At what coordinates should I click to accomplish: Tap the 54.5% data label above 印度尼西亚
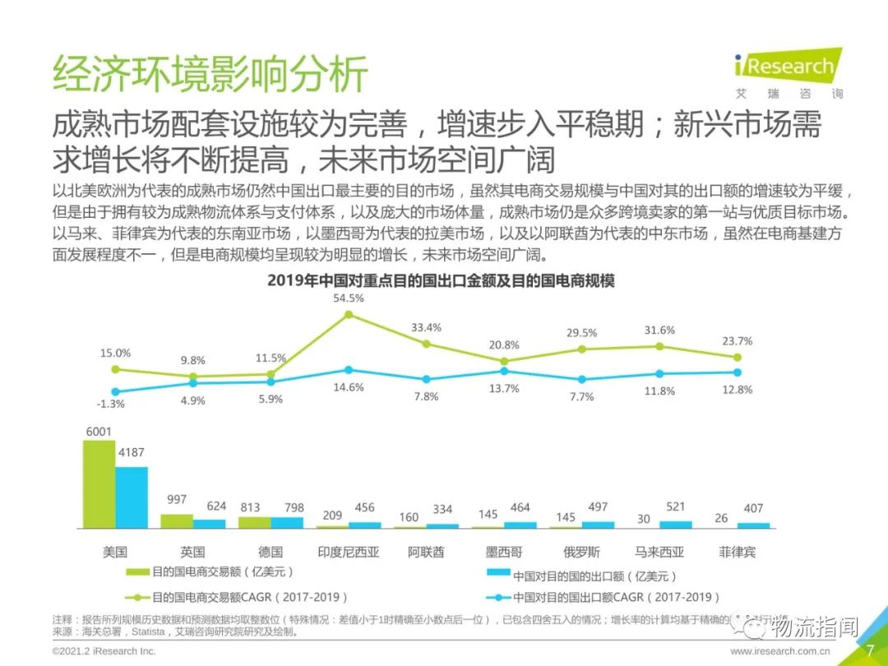tap(349, 298)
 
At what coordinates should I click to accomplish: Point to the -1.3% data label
tap(110, 404)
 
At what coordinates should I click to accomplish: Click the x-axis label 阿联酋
tap(426, 552)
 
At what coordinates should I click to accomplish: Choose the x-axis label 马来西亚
tap(659, 552)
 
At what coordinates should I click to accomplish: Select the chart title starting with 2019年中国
tap(442, 280)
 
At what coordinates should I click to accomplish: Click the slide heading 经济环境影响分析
tap(210, 76)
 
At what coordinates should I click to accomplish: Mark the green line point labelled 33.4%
tap(426, 343)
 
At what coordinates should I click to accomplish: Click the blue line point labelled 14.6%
tap(349, 370)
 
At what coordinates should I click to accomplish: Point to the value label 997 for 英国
tap(176, 500)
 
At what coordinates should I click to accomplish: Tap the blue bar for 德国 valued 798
tap(287, 522)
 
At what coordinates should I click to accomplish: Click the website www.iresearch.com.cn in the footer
tap(780, 651)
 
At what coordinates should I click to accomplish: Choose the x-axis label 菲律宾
tap(737, 552)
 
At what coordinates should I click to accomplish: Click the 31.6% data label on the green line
tap(659, 331)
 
